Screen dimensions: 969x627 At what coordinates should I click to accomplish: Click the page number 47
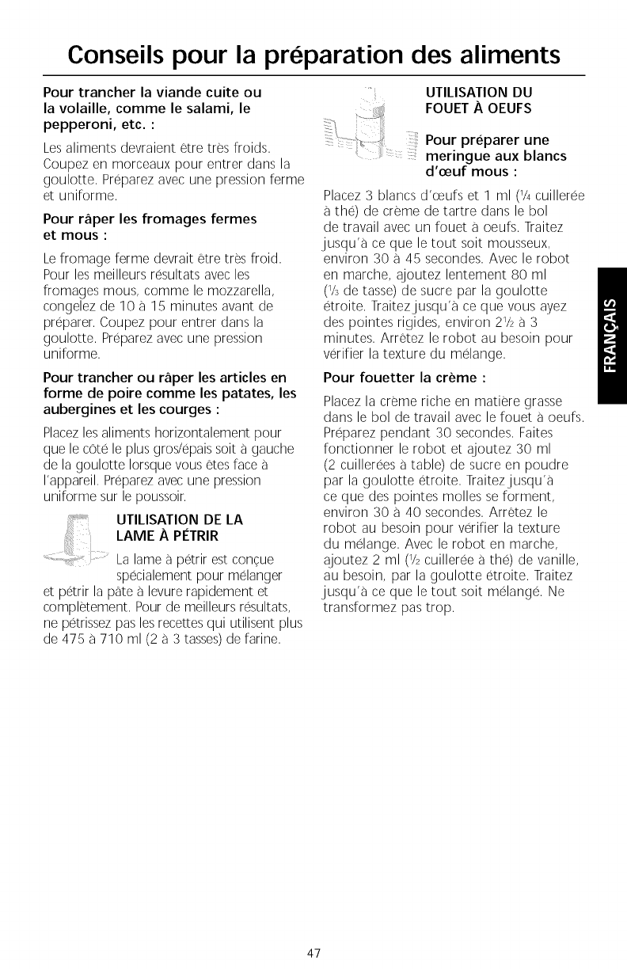tap(313, 953)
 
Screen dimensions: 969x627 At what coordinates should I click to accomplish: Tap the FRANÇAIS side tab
tap(611, 337)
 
